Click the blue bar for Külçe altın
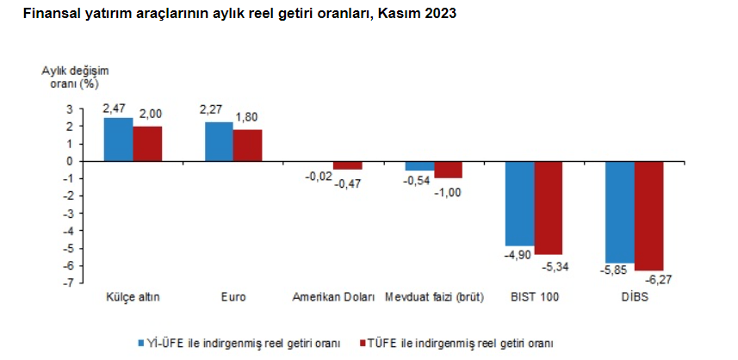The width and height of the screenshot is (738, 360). [118, 140]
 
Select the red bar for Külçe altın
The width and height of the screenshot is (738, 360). [147, 144]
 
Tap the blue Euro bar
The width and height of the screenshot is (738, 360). [219, 141]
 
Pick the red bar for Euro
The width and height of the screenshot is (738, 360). [247, 146]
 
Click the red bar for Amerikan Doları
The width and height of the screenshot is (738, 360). [348, 165]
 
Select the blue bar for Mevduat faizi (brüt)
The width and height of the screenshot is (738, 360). [419, 165]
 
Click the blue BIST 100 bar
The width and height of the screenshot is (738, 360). [519, 203]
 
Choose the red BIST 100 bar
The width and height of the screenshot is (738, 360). [549, 208]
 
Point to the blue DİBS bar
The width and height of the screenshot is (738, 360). [620, 212]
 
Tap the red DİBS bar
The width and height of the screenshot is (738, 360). [649, 215]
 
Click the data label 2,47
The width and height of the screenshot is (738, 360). [115, 109]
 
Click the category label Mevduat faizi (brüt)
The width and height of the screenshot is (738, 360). [435, 298]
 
